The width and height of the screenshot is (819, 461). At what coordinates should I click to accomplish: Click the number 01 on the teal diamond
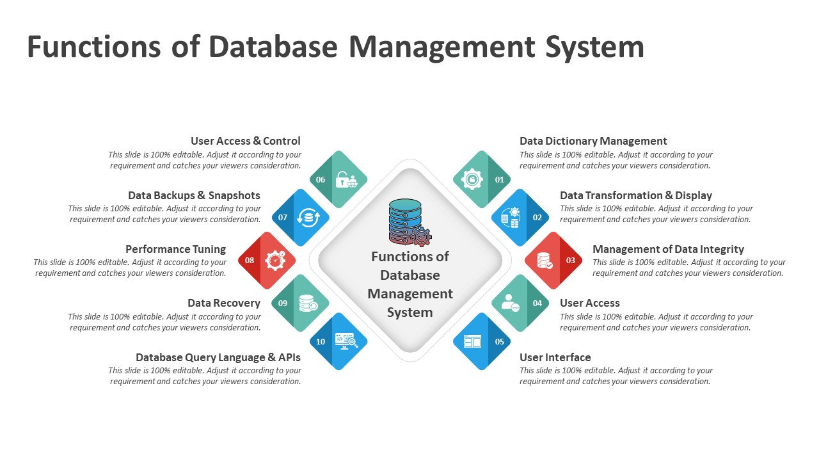pyautogui.click(x=500, y=180)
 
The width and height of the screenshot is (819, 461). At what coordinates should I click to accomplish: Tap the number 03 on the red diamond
pyautogui.click(x=570, y=261)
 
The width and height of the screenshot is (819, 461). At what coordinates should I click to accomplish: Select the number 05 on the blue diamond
pyautogui.click(x=500, y=342)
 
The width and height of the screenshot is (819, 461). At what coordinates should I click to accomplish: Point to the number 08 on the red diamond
pyautogui.click(x=250, y=261)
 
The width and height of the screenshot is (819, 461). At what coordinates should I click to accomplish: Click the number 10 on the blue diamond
pyautogui.click(x=321, y=342)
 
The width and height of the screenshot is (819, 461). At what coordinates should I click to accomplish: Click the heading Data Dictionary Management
pyautogui.click(x=593, y=141)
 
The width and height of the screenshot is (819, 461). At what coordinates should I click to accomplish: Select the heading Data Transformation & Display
pyautogui.click(x=636, y=195)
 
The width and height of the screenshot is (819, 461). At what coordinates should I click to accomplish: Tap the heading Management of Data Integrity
pyautogui.click(x=668, y=249)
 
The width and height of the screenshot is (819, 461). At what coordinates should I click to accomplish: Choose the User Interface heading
pyautogui.click(x=555, y=357)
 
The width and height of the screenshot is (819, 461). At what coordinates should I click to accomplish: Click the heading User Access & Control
pyautogui.click(x=246, y=141)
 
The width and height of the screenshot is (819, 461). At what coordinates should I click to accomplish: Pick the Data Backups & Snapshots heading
pyautogui.click(x=194, y=195)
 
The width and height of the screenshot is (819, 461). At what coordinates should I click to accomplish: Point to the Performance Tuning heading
pyautogui.click(x=175, y=249)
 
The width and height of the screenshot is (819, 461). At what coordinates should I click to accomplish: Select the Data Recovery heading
pyautogui.click(x=224, y=303)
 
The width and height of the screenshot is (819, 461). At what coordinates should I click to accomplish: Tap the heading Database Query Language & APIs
pyautogui.click(x=218, y=357)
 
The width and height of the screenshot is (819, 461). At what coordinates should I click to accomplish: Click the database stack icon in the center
pyautogui.click(x=406, y=221)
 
